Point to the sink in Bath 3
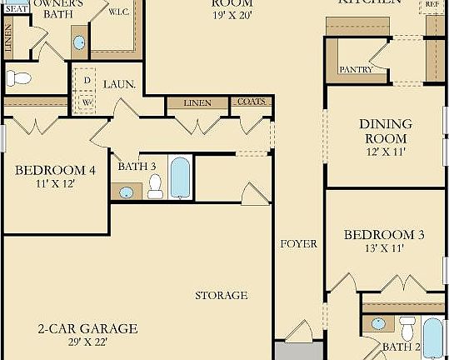[x=126, y=192]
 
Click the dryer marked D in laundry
[x=87, y=81]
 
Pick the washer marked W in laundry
[x=87, y=102]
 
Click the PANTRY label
[x=355, y=70]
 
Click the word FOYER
[x=298, y=244]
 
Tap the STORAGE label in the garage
[x=221, y=295]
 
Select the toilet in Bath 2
[x=407, y=327]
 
